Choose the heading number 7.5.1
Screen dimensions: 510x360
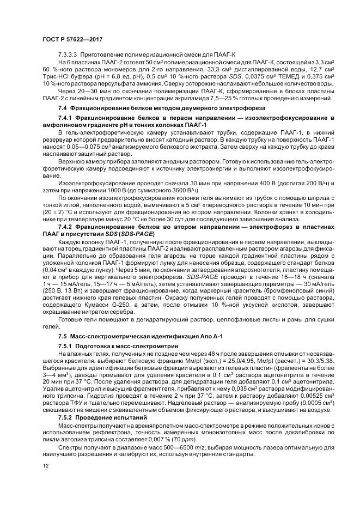[x=66, y=345]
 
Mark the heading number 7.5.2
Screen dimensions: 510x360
[x=66, y=418]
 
